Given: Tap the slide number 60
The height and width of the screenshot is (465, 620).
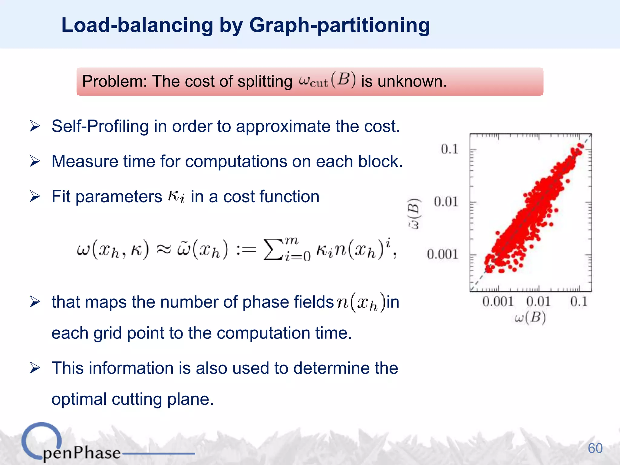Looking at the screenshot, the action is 595,448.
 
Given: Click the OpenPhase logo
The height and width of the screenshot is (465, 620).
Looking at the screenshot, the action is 71,445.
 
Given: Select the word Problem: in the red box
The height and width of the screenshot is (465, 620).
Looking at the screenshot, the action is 114,81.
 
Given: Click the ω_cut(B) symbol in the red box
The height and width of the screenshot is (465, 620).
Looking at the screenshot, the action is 327,81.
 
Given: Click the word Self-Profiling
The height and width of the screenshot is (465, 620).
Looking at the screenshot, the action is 100,126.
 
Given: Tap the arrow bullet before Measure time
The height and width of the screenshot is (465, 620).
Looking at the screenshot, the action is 35,161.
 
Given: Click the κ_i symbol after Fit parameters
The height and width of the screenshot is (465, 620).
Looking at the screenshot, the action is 176,196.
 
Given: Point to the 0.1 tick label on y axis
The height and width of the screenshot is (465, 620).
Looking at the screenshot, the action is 449,149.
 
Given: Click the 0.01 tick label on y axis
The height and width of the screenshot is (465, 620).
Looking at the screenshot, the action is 446,202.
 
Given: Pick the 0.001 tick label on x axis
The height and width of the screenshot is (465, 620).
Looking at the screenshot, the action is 498,302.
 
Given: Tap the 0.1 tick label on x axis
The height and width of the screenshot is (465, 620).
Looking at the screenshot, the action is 579,302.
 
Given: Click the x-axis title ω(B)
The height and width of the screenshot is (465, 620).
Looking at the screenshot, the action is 530,318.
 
